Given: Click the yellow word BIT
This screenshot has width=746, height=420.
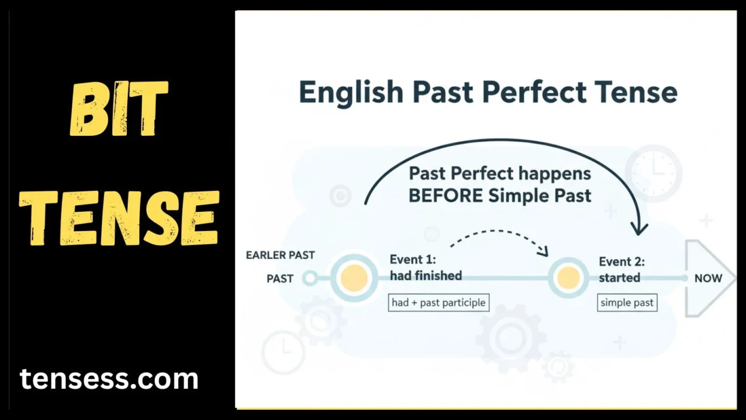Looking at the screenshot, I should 119,109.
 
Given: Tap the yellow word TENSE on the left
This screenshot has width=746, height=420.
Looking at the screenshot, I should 119,218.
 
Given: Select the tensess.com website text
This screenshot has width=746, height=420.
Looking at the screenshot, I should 109,379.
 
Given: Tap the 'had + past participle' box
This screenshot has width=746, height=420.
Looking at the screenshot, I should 438,303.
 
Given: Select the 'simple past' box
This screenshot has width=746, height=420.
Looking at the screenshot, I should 627,303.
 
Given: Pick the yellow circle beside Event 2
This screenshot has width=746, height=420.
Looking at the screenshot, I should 568,278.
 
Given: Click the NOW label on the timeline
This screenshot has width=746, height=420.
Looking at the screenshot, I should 708,278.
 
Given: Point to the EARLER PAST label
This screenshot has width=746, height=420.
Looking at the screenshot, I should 280,255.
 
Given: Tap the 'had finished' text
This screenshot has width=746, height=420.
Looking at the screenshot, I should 426,276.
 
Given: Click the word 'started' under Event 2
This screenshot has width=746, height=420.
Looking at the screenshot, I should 619,278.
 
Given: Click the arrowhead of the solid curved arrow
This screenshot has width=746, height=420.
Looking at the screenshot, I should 640,228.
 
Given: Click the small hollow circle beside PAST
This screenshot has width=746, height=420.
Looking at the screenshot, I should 310,278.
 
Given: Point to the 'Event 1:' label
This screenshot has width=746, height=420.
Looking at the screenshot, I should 412,260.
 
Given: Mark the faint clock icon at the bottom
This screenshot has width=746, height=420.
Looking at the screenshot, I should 283,352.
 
